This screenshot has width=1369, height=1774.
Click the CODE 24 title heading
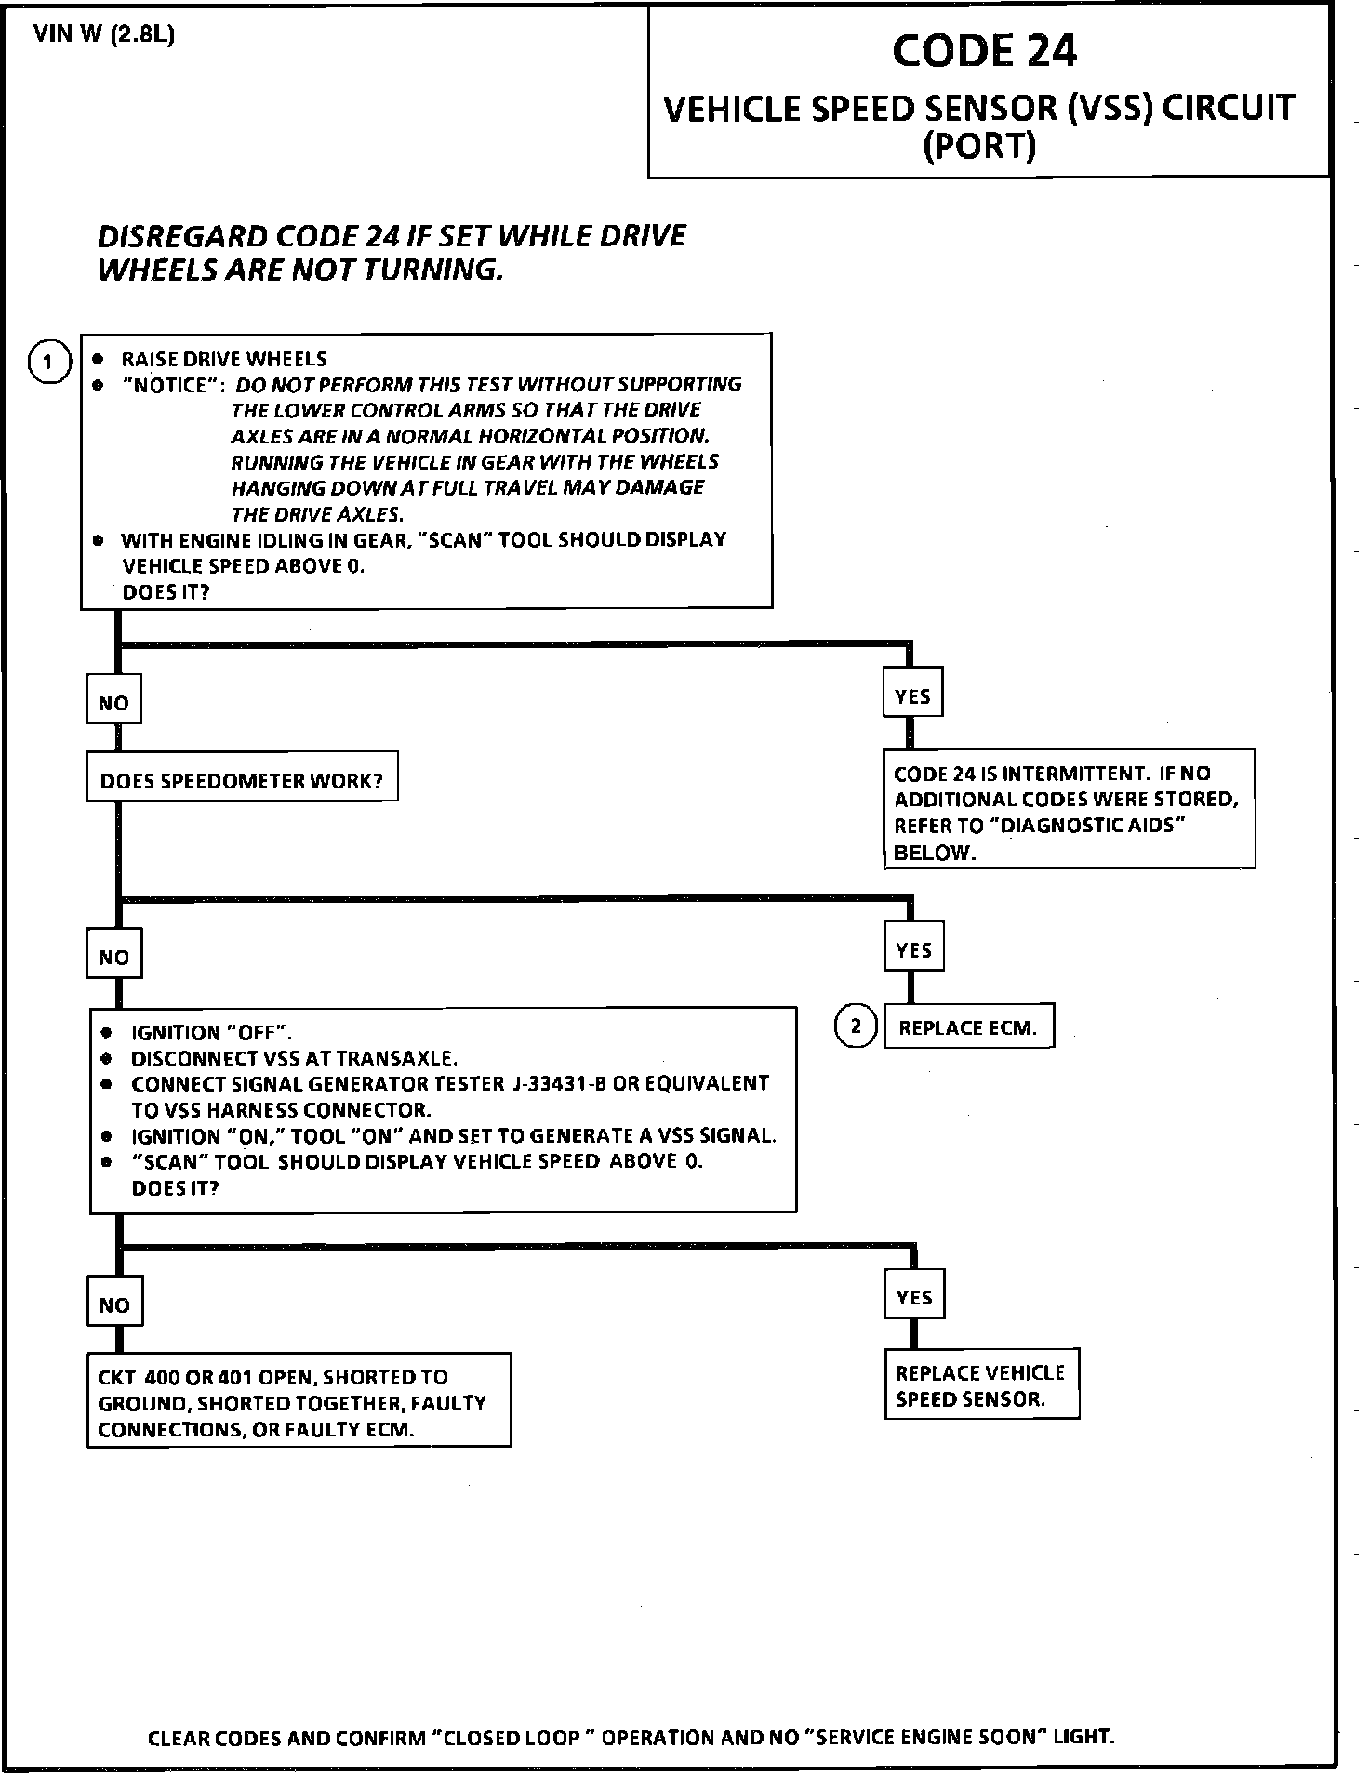[984, 51]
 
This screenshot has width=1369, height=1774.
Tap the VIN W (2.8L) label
[104, 35]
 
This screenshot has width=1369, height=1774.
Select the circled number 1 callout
[49, 362]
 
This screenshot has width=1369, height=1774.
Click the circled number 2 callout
[856, 1026]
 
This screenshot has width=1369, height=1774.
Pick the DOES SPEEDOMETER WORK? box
[242, 779]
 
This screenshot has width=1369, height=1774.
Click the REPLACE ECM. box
[967, 1027]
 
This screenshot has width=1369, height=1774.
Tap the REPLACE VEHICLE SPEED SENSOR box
[980, 1385]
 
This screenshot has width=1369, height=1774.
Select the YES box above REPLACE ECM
[913, 949]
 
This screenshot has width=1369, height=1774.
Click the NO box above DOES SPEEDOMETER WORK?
[113, 703]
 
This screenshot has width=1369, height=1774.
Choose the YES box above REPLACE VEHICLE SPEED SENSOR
[914, 1297]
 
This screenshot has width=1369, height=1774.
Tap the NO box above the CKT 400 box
[114, 1304]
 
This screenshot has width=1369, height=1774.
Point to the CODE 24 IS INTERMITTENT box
[1068, 812]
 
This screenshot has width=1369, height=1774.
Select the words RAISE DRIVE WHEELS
[224, 359]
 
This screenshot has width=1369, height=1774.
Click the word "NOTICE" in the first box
[172, 385]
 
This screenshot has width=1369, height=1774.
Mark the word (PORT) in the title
[978, 146]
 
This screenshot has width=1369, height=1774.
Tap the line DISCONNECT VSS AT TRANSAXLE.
[294, 1058]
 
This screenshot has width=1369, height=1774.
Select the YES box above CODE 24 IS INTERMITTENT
[912, 695]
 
